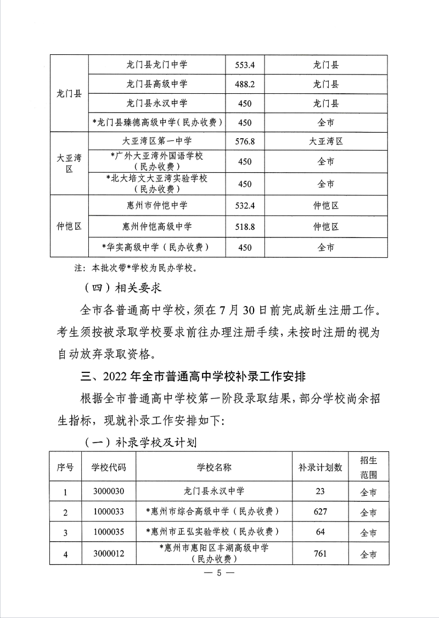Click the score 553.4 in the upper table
(245, 65)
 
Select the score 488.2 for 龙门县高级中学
(245, 84)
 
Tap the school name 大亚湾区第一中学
(157, 141)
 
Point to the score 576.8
(245, 141)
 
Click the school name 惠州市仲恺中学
(157, 206)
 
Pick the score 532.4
(245, 206)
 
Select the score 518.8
(245, 226)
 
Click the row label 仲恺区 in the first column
(69, 226)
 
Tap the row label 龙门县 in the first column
(69, 94)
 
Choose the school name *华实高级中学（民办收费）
(157, 247)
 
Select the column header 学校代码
(109, 467)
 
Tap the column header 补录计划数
(320, 467)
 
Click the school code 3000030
(109, 491)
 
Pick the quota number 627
(320, 512)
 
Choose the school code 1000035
(109, 532)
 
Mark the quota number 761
(320, 553)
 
